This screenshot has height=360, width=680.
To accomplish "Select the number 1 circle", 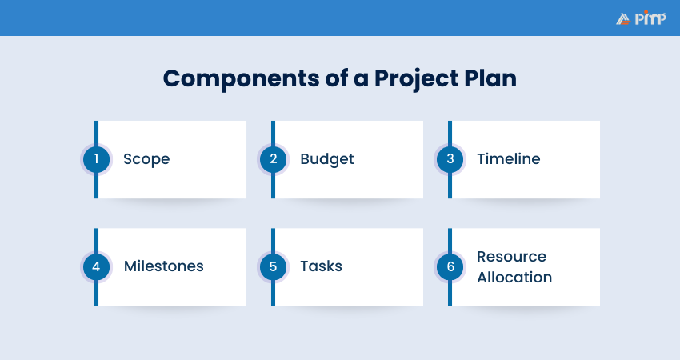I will pyautogui.click(x=96, y=159).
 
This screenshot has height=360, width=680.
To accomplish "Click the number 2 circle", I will pyautogui.click(x=273, y=159).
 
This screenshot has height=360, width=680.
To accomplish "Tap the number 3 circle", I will pyautogui.click(x=450, y=159).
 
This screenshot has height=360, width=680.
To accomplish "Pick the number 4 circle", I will pyautogui.click(x=96, y=266).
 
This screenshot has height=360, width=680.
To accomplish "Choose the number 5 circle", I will pyautogui.click(x=273, y=266).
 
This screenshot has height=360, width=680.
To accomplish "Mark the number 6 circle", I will pyautogui.click(x=450, y=266).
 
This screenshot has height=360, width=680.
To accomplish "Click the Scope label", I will pyautogui.click(x=146, y=159).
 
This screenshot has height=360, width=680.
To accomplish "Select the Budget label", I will pyautogui.click(x=327, y=159).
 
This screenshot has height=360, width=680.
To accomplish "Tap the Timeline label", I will pyautogui.click(x=509, y=159).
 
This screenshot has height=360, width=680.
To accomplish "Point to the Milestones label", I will pyautogui.click(x=164, y=266).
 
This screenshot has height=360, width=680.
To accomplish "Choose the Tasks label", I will pyautogui.click(x=322, y=266).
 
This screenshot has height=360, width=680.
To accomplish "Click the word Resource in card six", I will pyautogui.click(x=512, y=257).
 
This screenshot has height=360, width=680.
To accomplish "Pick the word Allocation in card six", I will pyautogui.click(x=514, y=278).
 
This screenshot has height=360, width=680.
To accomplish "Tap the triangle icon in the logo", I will pyautogui.click(x=623, y=18).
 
